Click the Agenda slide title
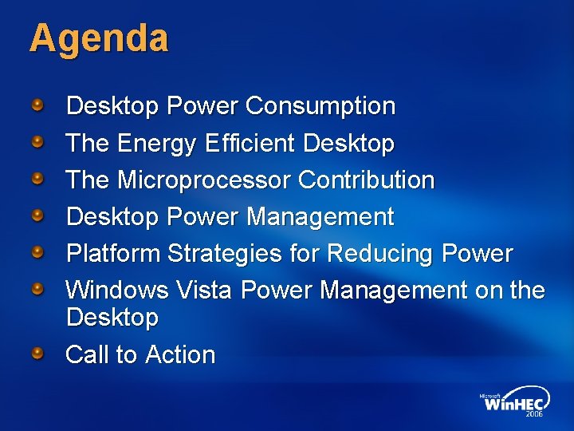pyautogui.click(x=99, y=39)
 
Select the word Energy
pyautogui.click(x=157, y=144)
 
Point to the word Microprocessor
pyautogui.click(x=204, y=180)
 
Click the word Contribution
pyautogui.click(x=367, y=180)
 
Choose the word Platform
pyautogui.click(x=114, y=254)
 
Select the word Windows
pyautogui.click(x=117, y=290)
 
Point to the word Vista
pyautogui.click(x=210, y=290)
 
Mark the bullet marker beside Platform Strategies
pyautogui.click(x=37, y=253)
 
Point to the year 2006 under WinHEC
pyautogui.click(x=535, y=415)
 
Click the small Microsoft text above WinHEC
pyautogui.click(x=491, y=394)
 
